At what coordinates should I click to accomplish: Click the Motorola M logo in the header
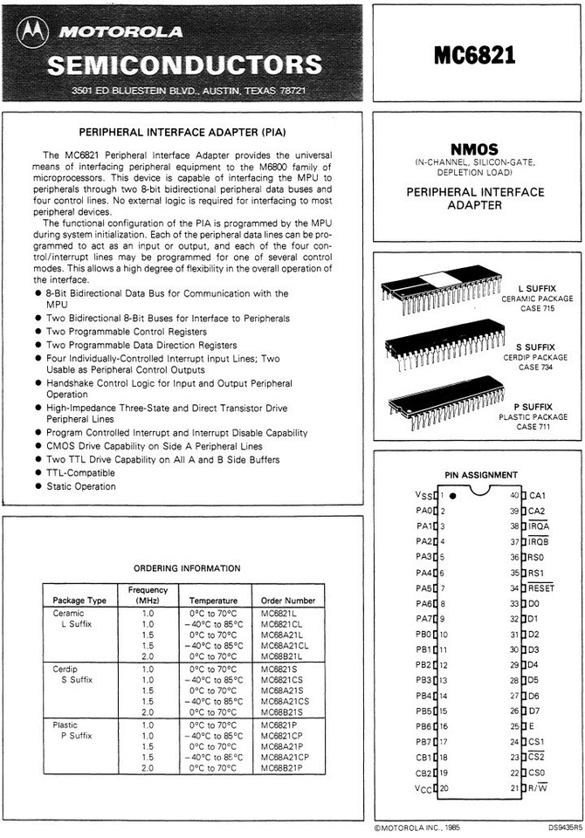click(33, 34)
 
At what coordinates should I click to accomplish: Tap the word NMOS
click(474, 149)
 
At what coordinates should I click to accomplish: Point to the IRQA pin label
click(539, 526)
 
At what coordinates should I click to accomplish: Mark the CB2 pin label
click(423, 773)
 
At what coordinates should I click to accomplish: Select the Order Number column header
click(288, 601)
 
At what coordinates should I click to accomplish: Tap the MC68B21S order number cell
click(285, 711)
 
